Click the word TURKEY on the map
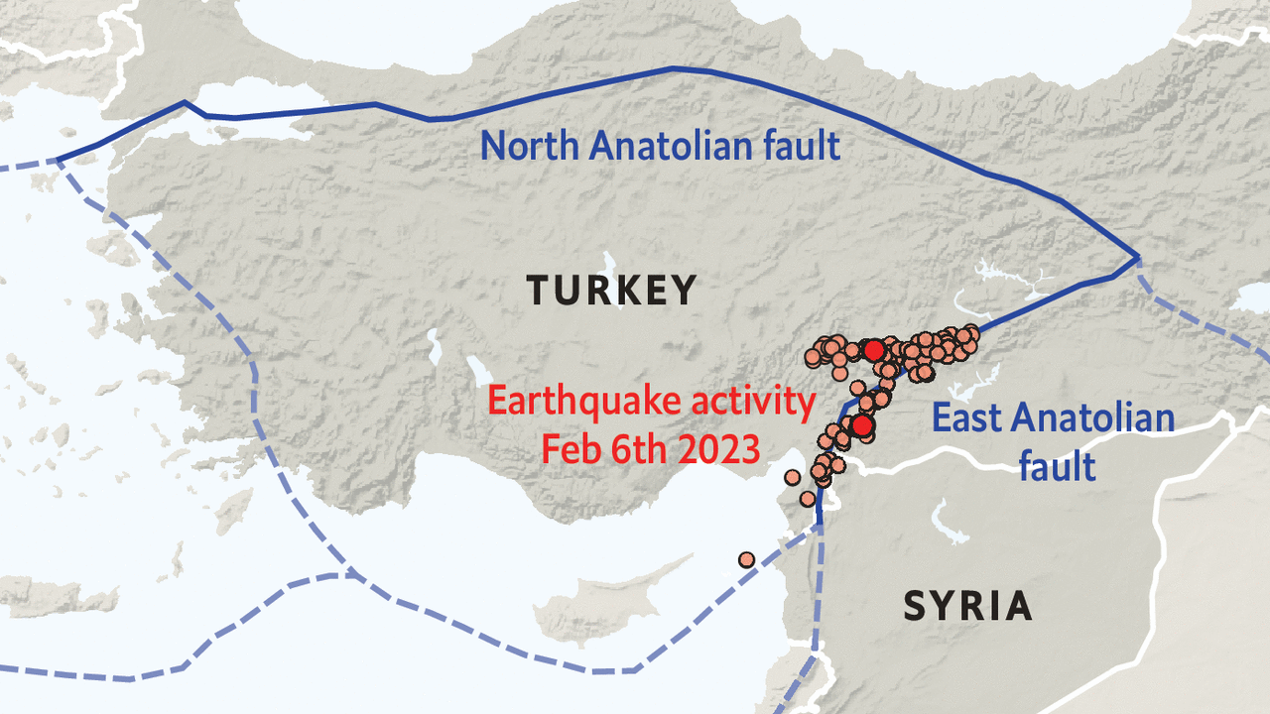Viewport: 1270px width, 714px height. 611,291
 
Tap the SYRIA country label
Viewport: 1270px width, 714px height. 967,605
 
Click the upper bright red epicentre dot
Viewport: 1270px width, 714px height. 873,350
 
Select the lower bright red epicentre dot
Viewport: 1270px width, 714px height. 862,425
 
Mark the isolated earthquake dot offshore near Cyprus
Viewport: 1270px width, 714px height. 746,560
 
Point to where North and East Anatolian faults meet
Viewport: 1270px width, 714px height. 1137,260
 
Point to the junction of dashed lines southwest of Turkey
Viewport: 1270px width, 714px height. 349,573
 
